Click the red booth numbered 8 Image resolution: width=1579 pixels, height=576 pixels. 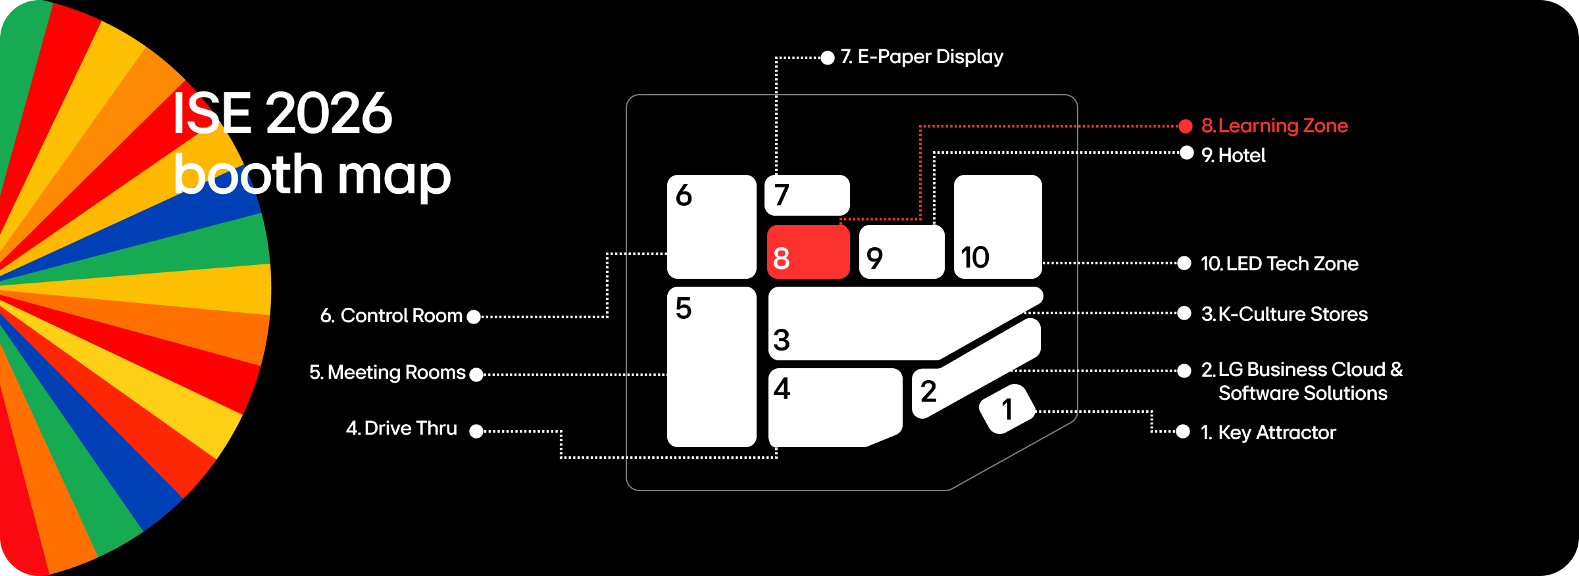click(809, 252)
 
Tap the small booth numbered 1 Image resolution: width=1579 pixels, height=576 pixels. click(1007, 409)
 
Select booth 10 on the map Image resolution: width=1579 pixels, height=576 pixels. click(997, 226)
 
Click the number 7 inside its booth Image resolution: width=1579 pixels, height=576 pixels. click(782, 195)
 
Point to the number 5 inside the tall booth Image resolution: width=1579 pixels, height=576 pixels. click(684, 308)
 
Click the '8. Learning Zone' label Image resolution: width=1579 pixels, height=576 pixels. click(1275, 126)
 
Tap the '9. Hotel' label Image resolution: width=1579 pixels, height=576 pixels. click(1234, 155)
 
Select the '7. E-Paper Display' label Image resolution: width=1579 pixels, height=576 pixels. click(922, 57)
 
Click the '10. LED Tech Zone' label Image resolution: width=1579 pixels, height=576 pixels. click(1280, 264)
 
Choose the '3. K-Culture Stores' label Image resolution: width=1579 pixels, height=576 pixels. click(1284, 314)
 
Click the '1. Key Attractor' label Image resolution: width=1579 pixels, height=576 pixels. click(1268, 433)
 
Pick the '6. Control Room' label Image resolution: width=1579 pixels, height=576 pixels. click(391, 316)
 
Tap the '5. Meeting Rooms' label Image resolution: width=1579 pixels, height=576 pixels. click(388, 373)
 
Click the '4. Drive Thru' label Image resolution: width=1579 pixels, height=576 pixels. click(401, 429)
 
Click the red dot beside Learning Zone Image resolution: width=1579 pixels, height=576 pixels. click(1186, 126)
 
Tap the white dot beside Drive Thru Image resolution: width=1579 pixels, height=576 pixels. click(476, 431)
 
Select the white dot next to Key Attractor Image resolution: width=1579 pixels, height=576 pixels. click(1183, 431)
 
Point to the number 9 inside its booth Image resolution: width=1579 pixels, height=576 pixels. click(874, 258)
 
